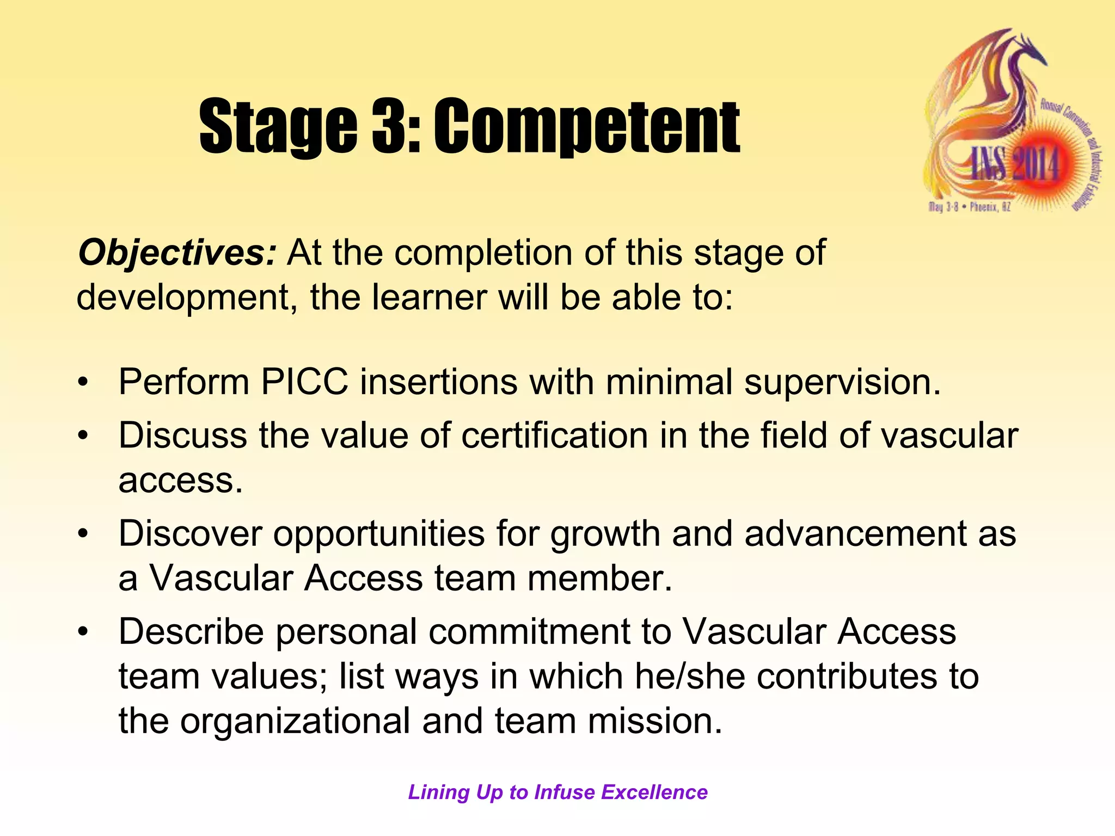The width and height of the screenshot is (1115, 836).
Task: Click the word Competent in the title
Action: pos(586,126)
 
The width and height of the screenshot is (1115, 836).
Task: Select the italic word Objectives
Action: pos(177,253)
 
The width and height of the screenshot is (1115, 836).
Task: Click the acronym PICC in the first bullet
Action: pos(304,382)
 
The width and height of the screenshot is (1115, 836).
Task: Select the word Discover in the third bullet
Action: pos(191,533)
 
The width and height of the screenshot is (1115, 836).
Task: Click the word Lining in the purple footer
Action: pos(439,792)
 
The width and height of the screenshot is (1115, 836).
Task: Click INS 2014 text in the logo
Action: pos(1015,164)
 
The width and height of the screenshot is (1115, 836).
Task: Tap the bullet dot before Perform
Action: pos(82,382)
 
